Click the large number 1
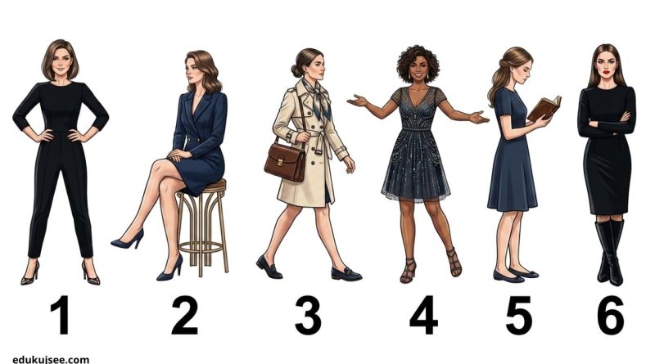(x=61, y=315)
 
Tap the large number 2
(x=185, y=315)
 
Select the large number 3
(x=308, y=315)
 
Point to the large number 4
(x=423, y=315)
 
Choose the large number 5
(x=518, y=315)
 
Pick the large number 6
(x=610, y=315)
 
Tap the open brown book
(x=544, y=108)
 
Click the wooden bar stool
(x=203, y=227)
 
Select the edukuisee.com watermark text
(x=51, y=359)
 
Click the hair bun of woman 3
(x=296, y=70)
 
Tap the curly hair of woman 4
(x=418, y=63)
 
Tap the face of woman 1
(x=61, y=63)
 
